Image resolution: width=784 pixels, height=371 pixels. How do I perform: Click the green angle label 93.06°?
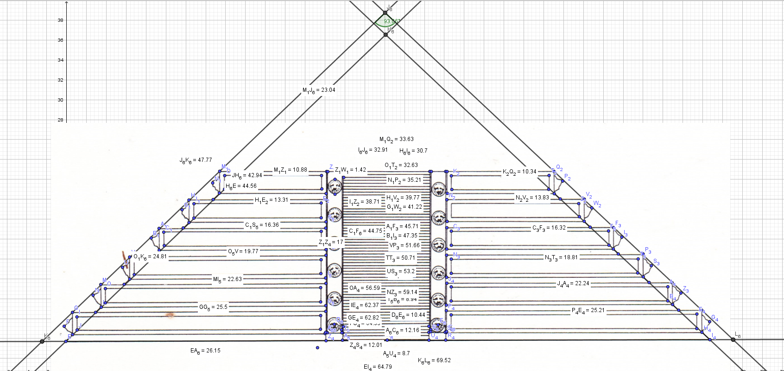(x=391, y=21)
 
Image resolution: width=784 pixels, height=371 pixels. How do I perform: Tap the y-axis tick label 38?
(x=61, y=20)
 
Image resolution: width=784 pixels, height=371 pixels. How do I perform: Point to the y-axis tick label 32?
(x=61, y=80)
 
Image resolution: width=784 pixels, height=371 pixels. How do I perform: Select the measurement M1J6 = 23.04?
(x=319, y=90)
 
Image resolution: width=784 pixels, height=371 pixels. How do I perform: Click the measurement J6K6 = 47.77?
(x=196, y=160)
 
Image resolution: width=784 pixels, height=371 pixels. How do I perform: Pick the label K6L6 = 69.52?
(x=434, y=360)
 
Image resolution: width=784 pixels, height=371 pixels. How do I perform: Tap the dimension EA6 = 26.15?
(x=205, y=351)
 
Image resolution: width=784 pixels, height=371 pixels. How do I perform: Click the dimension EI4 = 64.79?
(x=378, y=367)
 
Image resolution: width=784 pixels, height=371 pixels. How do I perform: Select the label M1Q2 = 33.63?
(x=396, y=140)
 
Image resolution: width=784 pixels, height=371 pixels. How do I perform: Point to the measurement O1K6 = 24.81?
(x=150, y=256)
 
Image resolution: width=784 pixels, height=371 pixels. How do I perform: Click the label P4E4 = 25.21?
(x=588, y=311)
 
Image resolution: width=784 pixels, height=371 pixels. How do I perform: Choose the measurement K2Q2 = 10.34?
(x=519, y=172)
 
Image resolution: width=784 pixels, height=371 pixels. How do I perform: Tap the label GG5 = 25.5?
(x=213, y=307)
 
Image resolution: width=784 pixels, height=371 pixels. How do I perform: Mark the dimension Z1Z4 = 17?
(x=331, y=243)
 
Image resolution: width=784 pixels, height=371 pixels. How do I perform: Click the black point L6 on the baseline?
(x=733, y=340)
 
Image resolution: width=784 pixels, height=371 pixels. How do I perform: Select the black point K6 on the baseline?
(x=42, y=341)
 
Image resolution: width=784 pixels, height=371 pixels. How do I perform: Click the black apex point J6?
(x=385, y=13)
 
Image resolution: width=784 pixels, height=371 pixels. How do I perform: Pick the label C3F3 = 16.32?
(x=549, y=228)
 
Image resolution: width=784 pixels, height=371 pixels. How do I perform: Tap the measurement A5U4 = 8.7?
(x=396, y=354)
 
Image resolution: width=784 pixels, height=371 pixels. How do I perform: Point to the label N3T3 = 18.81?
(x=561, y=257)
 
